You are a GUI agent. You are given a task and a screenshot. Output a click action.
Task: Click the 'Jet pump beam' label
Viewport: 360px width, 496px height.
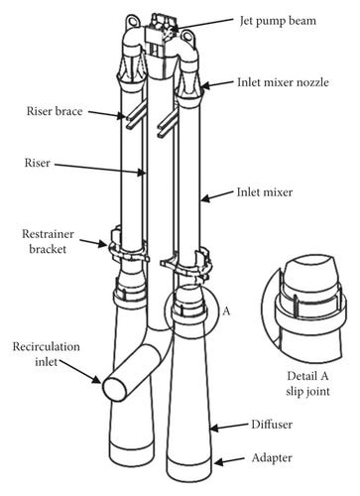click(x=278, y=21)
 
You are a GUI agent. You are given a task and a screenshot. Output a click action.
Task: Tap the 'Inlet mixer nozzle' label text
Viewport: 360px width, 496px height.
click(x=283, y=82)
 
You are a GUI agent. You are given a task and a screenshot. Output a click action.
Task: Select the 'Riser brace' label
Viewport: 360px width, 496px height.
click(x=55, y=111)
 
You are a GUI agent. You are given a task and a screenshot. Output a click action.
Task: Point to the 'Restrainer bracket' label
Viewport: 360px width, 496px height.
click(x=48, y=241)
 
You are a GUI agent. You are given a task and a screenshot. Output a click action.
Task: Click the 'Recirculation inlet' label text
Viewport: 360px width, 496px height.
click(x=47, y=354)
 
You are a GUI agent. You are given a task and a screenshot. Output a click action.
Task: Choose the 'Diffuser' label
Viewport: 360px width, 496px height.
click(x=272, y=425)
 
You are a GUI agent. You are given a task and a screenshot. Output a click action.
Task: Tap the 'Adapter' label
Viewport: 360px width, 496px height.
click(x=272, y=458)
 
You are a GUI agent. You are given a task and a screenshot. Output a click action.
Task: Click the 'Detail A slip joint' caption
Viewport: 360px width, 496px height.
click(x=307, y=384)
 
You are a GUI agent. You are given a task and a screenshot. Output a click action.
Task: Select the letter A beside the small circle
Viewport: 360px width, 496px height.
click(x=226, y=310)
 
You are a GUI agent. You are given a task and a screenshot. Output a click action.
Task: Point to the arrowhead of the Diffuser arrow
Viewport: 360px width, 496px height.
click(x=214, y=429)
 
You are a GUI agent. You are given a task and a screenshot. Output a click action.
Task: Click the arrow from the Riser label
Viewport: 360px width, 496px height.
click(x=100, y=169)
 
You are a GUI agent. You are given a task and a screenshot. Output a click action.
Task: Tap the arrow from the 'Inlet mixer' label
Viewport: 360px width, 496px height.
click(x=217, y=195)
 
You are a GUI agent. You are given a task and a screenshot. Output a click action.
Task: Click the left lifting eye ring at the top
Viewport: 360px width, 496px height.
click(x=132, y=22)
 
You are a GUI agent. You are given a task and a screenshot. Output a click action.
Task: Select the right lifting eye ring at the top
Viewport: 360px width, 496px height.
click(x=187, y=36)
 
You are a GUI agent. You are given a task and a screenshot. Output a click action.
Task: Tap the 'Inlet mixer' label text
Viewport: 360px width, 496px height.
click(x=265, y=192)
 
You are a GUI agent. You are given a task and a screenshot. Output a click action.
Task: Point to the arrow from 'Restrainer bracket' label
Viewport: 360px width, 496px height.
click(x=94, y=243)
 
